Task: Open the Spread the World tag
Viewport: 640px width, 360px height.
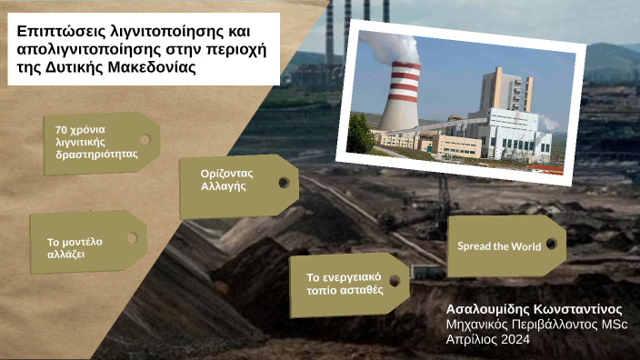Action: coord(499,246)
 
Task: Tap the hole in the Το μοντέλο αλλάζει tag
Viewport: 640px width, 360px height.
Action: coord(132,238)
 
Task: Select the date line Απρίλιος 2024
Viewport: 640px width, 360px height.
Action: coord(487,339)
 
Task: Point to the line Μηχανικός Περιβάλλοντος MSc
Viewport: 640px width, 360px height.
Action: coord(536,325)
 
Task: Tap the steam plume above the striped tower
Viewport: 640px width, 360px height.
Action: coord(393,45)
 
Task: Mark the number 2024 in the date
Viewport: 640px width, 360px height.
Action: coord(513,339)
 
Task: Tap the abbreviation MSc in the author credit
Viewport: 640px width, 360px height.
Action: coord(613,325)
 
